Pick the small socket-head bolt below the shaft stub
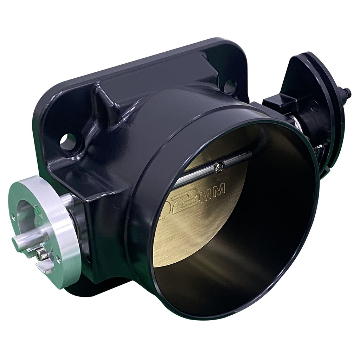coord(42,253)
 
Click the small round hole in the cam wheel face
coord(314,103)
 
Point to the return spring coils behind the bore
coord(302,127)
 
